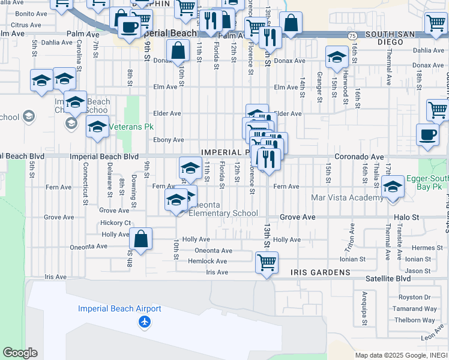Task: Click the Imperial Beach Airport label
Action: coord(119,309)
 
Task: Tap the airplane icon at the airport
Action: coord(144,323)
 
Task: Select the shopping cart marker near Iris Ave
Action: coord(266,262)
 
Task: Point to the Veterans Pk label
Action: coord(128,127)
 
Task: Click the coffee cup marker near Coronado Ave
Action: coord(427,134)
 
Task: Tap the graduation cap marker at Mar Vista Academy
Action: coord(393,187)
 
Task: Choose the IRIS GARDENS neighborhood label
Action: coord(320,272)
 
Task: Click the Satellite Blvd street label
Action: coord(388,278)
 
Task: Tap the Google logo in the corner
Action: coord(20,353)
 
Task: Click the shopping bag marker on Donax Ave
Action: coord(178,50)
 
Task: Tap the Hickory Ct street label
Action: coord(115,223)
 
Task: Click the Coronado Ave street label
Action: coord(359,157)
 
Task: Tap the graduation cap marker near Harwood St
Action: coord(337,58)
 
